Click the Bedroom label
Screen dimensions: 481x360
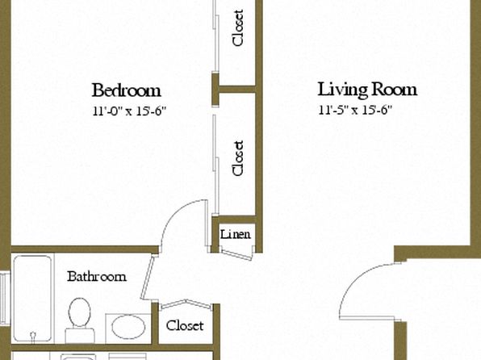(127, 90)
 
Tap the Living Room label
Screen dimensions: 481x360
(367, 90)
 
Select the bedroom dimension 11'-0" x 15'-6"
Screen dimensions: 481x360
(129, 111)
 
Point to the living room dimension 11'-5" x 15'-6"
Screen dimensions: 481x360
(355, 110)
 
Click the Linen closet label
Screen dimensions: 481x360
(236, 235)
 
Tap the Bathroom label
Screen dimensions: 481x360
(97, 277)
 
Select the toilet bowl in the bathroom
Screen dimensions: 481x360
(79, 312)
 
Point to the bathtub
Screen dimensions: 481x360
(32, 299)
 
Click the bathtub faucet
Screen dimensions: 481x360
(33, 336)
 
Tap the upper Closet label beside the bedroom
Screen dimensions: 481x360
(238, 28)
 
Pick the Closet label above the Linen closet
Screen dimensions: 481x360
(238, 158)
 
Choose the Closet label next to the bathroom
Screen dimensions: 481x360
(185, 325)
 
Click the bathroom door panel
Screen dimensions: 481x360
(147, 278)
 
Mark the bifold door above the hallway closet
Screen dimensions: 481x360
(186, 303)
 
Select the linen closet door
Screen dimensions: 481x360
(236, 255)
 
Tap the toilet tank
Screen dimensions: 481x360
(80, 336)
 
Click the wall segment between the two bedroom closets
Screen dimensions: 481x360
(234, 90)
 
